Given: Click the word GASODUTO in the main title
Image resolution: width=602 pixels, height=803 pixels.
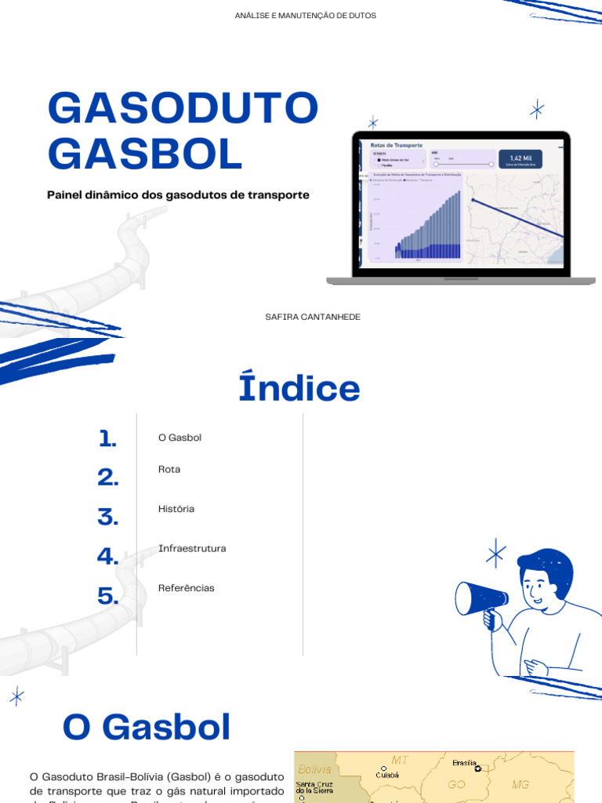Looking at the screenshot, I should (183, 108).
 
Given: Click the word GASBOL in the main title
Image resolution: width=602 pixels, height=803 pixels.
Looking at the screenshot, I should (145, 154).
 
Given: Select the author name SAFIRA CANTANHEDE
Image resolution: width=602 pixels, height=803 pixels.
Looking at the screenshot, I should (313, 316).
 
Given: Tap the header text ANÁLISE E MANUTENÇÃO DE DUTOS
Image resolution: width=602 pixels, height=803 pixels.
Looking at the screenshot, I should (305, 16).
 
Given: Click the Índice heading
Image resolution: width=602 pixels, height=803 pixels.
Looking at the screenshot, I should (299, 388).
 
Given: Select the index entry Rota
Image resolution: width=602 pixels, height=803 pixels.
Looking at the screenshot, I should (169, 469).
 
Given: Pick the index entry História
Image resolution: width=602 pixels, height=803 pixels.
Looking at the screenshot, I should (176, 509).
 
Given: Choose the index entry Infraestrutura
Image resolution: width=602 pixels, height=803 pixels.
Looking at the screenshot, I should (192, 548).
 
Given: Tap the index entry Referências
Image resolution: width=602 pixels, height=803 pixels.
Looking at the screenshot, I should (186, 588).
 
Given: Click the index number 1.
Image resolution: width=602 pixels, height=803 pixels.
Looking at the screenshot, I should (108, 438).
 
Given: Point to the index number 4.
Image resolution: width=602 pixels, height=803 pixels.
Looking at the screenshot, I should (107, 557).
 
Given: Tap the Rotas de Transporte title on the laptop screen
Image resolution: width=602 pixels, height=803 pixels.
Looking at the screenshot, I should (397, 145).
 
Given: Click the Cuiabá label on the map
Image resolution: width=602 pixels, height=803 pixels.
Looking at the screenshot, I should (387, 773).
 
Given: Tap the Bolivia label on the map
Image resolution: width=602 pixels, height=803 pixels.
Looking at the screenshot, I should (315, 769).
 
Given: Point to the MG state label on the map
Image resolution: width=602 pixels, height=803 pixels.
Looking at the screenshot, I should (520, 783).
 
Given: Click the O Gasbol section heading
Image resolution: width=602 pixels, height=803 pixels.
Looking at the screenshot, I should (147, 728).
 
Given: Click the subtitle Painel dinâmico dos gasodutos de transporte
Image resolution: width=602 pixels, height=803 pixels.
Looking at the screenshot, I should (178, 194).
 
